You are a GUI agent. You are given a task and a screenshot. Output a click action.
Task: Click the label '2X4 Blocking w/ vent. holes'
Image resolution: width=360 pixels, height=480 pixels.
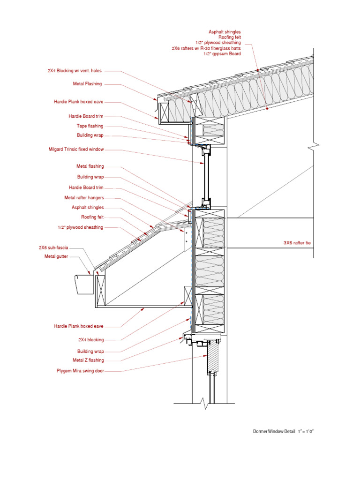tap(74, 71)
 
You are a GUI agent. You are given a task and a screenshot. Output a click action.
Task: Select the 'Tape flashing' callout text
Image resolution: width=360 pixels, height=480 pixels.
tap(90, 126)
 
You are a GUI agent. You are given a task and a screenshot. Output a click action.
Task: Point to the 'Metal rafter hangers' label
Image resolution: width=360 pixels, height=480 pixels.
tap(84, 198)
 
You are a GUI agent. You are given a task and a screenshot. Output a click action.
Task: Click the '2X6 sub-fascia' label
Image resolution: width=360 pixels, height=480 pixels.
tap(54, 247)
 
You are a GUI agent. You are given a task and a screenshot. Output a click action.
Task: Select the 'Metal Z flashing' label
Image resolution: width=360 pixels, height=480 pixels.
tap(88, 360)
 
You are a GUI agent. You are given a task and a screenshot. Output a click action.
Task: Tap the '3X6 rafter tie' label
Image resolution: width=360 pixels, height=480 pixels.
tap(297, 243)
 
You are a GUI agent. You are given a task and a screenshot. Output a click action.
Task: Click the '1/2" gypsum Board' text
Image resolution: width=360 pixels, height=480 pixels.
tap(222, 54)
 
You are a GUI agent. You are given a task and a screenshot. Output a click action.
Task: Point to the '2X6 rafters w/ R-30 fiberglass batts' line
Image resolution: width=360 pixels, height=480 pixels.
tap(206, 48)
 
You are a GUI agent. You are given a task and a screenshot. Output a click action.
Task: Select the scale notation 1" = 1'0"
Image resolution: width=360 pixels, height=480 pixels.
tap(305, 431)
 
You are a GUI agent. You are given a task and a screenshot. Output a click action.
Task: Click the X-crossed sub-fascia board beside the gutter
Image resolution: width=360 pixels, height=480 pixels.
tap(100, 291)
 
